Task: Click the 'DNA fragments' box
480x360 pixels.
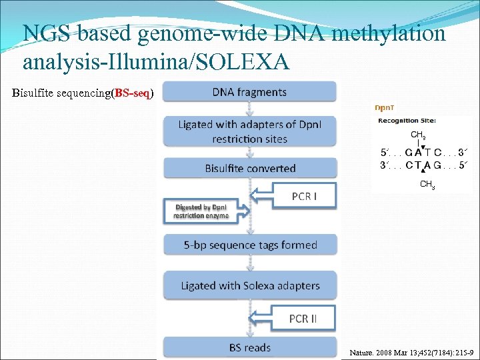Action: pos(249,92)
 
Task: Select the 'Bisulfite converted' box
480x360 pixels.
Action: pos(250,168)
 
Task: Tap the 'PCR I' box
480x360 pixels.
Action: pos(304,196)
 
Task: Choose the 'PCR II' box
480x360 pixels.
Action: pos(303,319)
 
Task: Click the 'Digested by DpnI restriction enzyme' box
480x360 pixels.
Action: pos(201,211)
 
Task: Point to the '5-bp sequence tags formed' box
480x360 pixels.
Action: pos(250,245)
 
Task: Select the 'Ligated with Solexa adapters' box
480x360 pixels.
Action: pos(250,286)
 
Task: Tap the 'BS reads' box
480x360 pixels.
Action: pos(250,347)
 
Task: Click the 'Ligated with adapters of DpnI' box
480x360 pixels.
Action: pos(250,131)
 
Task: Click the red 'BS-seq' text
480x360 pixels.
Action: pos(131,93)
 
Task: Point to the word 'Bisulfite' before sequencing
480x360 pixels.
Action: pos(33,93)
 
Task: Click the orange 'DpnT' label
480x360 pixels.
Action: pos(383,107)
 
